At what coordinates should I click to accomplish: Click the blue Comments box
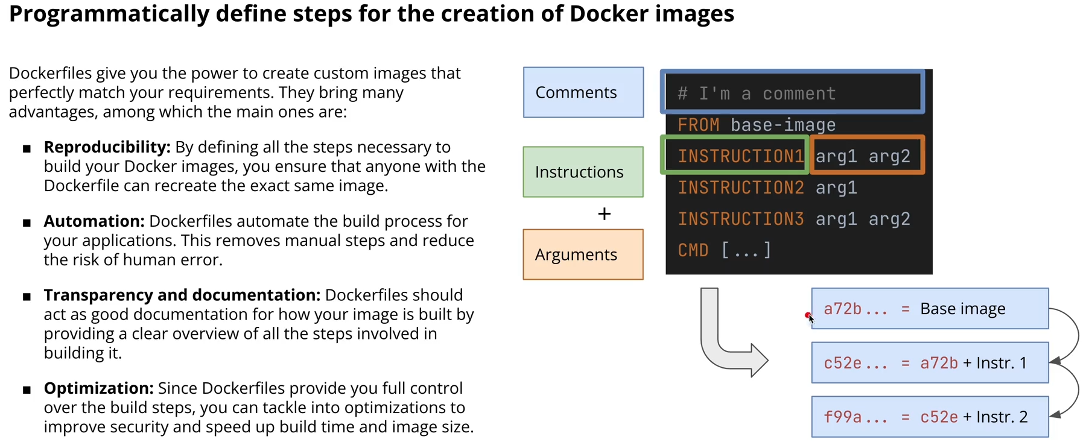[x=583, y=92]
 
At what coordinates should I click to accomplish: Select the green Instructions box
[x=583, y=172]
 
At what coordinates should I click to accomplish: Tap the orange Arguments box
[x=583, y=254]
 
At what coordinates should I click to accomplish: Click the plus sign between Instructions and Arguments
[x=604, y=214]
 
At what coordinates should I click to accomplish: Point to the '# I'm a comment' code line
[x=757, y=93]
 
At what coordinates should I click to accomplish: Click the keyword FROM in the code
[x=698, y=125]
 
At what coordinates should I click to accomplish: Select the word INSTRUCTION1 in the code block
[x=740, y=156]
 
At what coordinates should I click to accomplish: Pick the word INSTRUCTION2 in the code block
[x=740, y=188]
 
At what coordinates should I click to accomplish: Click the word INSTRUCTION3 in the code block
[x=740, y=219]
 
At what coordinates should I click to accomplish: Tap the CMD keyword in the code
[x=693, y=250]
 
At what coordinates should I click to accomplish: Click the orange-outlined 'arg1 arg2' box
[x=867, y=156]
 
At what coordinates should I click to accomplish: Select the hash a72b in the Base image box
[x=842, y=309]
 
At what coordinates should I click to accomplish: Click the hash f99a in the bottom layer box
[x=842, y=417]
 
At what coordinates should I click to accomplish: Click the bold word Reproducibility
[x=107, y=147]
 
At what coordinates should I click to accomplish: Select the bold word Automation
[x=94, y=221]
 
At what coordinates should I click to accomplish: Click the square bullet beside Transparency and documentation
[x=27, y=296]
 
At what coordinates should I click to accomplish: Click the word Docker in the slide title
[x=609, y=13]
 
